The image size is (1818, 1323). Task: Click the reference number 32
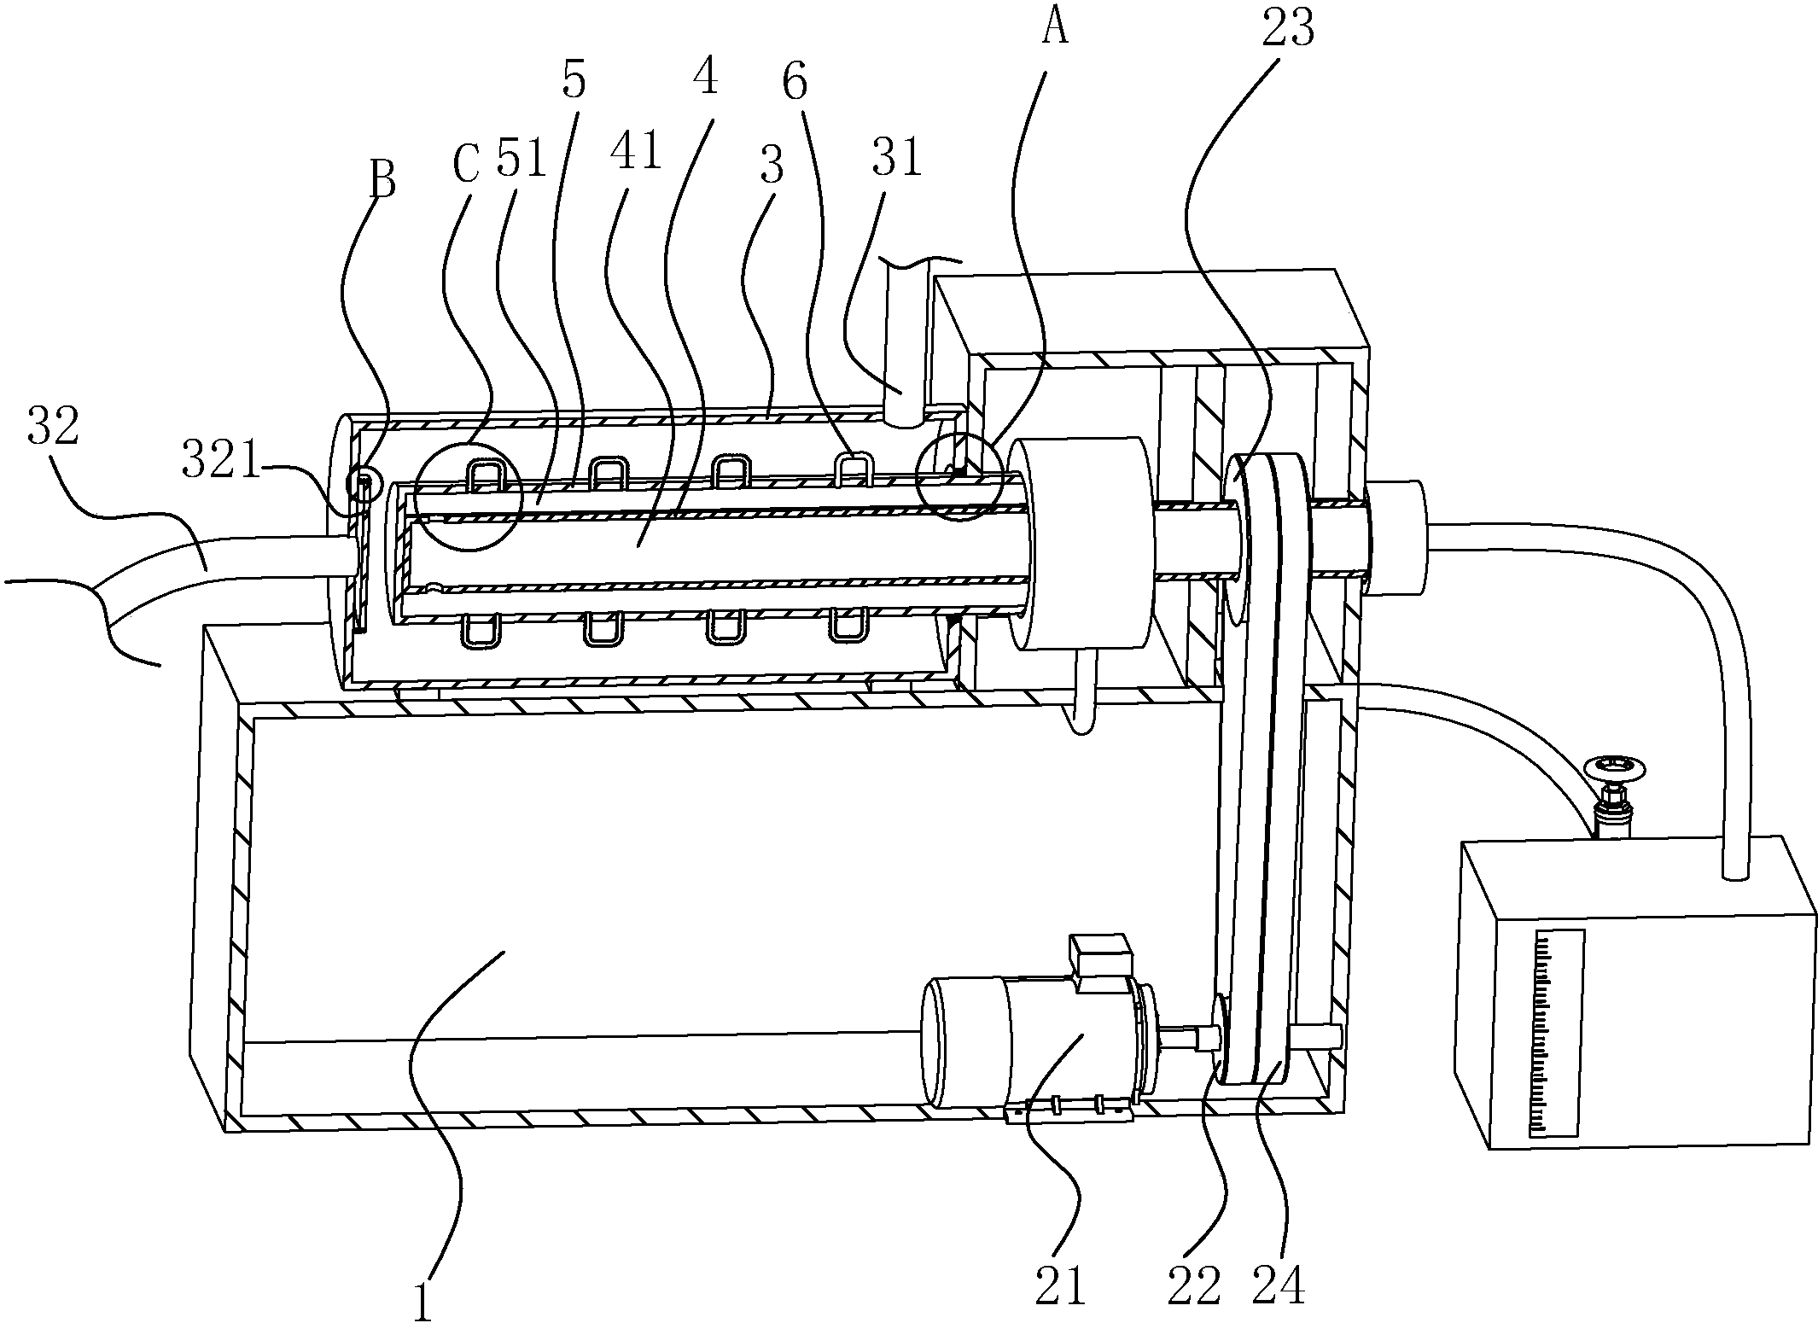(53, 427)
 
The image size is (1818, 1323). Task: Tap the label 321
(220, 462)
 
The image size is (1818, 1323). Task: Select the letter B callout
(382, 181)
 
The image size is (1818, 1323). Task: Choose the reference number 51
(522, 157)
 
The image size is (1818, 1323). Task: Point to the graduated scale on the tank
(1559, 1033)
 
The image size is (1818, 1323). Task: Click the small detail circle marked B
(360, 484)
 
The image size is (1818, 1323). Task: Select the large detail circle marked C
(468, 495)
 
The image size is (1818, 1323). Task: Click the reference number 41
(636, 153)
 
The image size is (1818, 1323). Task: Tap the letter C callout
(466, 164)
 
